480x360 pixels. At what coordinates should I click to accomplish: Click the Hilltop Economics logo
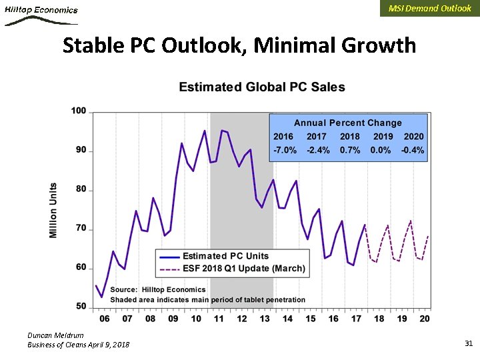point(41,13)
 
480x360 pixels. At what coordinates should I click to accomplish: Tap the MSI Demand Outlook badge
point(429,9)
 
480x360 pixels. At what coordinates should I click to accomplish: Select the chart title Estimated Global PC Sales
point(262,87)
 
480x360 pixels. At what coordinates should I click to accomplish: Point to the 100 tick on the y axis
point(79,111)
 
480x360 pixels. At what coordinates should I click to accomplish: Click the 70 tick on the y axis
point(81,229)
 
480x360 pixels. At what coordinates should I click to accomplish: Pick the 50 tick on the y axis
point(81,307)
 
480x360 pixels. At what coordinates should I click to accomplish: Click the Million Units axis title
point(53,210)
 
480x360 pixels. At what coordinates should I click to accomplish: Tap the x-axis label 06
point(105,319)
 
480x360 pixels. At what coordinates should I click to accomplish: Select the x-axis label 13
point(265,319)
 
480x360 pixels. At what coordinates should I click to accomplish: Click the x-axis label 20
point(424,319)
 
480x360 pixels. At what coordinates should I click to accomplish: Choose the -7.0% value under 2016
point(285,150)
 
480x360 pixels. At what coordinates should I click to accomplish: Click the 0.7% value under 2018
point(350,150)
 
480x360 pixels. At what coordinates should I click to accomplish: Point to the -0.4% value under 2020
point(413,150)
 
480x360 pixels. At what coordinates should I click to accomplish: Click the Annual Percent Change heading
point(348,123)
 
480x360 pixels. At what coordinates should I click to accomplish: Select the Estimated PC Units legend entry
point(225,256)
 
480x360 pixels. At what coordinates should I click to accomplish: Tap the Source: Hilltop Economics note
point(158,289)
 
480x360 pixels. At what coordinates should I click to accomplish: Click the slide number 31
point(468,343)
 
